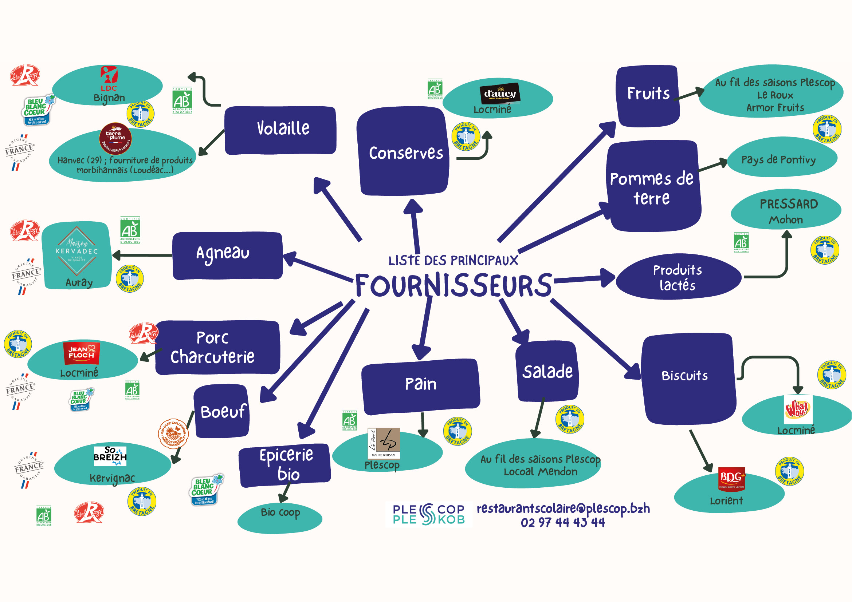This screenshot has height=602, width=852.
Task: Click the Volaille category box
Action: [280, 130]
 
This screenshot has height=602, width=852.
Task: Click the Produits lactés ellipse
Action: [678, 277]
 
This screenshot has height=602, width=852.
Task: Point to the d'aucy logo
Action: [499, 94]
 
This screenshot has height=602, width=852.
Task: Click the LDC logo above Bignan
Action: [109, 78]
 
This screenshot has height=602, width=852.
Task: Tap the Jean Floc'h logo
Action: [82, 353]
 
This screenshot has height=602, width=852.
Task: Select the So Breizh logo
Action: [110, 455]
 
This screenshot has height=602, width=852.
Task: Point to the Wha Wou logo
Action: [797, 409]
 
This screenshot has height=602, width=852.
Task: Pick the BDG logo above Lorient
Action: [731, 478]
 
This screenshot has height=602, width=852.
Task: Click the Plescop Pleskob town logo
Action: [429, 514]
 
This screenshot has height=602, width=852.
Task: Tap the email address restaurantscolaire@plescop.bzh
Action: [563, 508]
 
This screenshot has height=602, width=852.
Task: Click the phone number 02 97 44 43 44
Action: [562, 522]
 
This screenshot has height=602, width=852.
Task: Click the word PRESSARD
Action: [789, 204]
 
